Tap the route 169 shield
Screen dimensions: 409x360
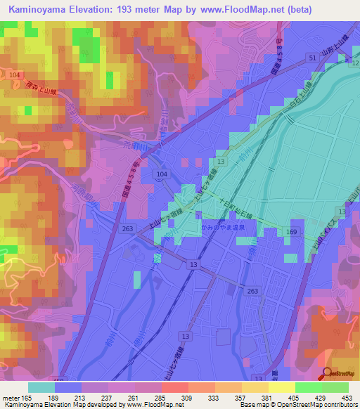[291, 231]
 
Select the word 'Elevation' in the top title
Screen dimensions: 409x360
[89, 9]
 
